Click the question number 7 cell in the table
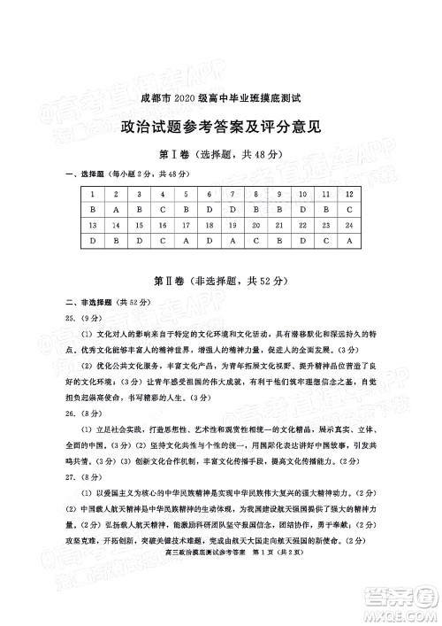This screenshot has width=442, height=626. click(x=208, y=194)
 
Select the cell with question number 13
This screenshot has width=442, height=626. click(x=92, y=226)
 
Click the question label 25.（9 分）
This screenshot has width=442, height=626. click(x=86, y=317)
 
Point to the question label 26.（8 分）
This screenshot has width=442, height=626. click(x=86, y=413)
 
